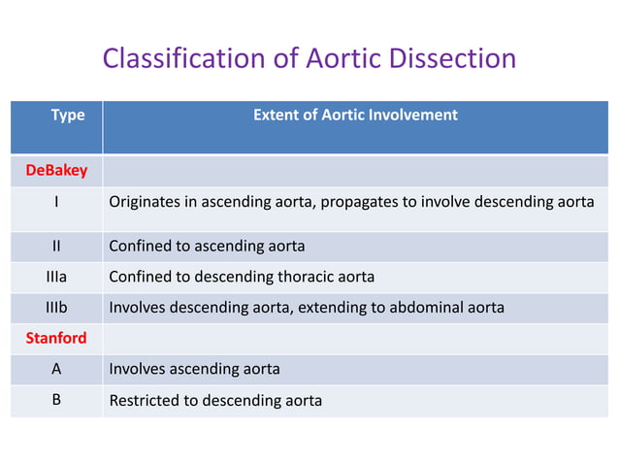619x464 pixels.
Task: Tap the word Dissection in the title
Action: pos(454,58)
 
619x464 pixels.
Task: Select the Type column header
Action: pos(68,115)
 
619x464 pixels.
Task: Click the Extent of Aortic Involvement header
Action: pos(355,115)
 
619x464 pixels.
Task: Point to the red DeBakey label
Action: pos(56,171)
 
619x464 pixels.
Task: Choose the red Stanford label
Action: pos(56,339)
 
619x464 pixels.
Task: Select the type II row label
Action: pos(56,246)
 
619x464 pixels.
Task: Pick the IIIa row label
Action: pos(56,277)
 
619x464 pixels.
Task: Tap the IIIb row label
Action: pos(56,309)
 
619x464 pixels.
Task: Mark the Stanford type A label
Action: pos(56,369)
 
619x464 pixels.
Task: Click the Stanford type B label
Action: pos(56,400)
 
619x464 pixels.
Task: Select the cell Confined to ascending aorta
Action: pos(207,246)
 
